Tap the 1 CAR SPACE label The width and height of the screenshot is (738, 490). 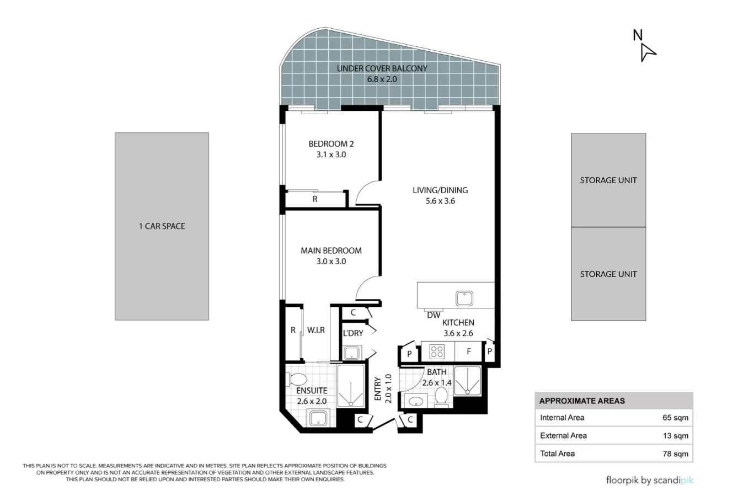(162, 226)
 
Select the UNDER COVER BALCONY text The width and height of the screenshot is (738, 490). (382, 68)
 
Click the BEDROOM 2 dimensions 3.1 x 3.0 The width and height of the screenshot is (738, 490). (331, 155)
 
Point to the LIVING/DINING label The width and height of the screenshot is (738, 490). (440, 190)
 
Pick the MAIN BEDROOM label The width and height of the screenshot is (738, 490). (331, 251)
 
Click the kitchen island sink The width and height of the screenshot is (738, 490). (464, 298)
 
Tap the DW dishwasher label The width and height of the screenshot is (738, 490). (434, 315)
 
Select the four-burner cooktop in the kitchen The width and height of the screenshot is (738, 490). (437, 351)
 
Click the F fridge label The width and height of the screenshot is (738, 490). (469, 351)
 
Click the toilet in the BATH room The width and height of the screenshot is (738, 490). (441, 396)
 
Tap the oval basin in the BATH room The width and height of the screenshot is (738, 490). (416, 401)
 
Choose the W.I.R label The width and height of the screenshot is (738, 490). (316, 330)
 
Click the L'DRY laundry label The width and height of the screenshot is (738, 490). (353, 333)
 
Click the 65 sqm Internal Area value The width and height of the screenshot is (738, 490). (676, 418)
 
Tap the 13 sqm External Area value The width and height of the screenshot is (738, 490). (676, 436)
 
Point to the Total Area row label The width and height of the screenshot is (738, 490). (557, 454)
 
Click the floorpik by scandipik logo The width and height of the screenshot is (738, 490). (650, 481)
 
